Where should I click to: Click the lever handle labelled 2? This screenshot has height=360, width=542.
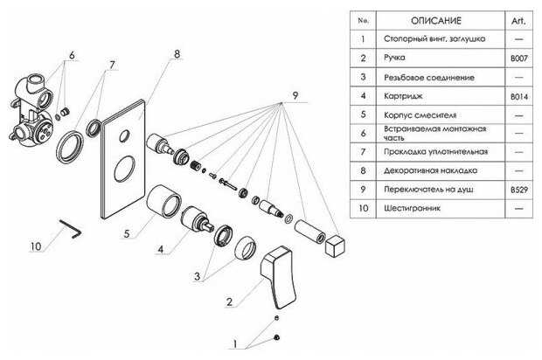tap(276, 267)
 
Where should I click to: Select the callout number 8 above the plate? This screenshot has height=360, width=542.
tap(177, 54)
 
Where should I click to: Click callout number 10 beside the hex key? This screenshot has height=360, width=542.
tap(35, 247)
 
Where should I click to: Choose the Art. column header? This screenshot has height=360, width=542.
tap(518, 19)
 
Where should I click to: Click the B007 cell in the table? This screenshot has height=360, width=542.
tap(518, 58)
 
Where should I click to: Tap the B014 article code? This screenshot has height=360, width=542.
tap(518, 95)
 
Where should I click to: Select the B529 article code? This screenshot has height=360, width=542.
tap(518, 190)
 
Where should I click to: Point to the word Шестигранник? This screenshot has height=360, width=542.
tap(409, 209)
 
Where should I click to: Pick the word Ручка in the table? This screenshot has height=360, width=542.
tap(395, 58)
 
